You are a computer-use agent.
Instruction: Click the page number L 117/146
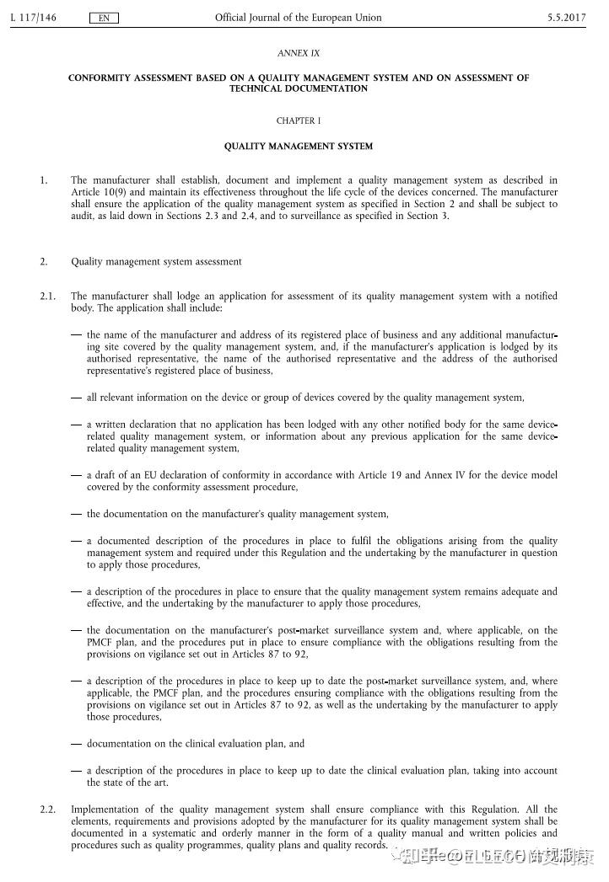[x=33, y=18]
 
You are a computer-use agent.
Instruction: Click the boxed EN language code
[x=103, y=18]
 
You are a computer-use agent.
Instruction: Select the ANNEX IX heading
[x=299, y=53]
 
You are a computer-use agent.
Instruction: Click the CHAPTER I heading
[x=299, y=120]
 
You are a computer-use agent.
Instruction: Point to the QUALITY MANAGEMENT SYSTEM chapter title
[x=299, y=147]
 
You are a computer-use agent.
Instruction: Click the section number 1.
[x=44, y=180]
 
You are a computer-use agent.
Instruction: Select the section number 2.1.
[x=47, y=297]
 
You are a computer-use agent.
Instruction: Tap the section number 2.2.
[x=47, y=810]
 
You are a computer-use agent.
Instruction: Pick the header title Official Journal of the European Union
[x=299, y=18]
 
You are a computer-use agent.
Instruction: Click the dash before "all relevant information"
[x=77, y=398]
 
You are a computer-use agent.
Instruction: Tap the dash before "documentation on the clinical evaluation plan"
[x=77, y=745]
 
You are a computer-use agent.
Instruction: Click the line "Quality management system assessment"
[x=156, y=262]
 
